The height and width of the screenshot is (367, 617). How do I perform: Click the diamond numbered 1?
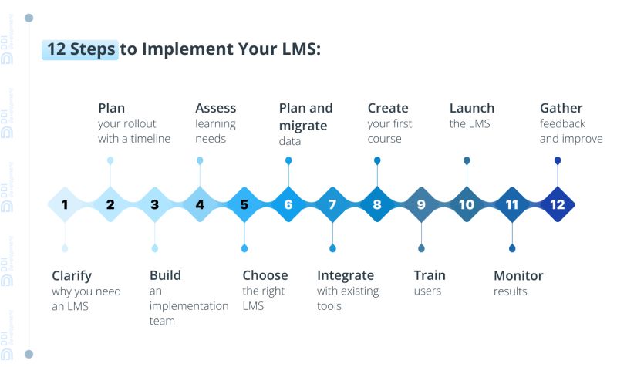coord(65,205)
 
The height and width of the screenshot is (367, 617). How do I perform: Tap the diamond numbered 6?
coord(288,205)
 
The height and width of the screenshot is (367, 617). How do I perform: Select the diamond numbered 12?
coord(557,205)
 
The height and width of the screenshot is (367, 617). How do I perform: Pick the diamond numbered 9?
coord(421,205)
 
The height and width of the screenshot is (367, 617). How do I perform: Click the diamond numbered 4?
coord(200,205)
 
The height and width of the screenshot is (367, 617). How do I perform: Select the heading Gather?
coord(561,108)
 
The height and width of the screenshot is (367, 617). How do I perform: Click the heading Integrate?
coord(346,275)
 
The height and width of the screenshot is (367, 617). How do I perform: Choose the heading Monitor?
coord(518,275)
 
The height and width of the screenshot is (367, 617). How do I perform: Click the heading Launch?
coord(472,108)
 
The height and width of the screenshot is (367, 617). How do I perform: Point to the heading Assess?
coord(216,108)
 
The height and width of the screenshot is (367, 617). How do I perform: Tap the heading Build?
coord(166,275)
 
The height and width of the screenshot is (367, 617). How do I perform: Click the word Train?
coord(430,275)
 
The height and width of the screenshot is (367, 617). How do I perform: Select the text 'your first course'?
coord(389,131)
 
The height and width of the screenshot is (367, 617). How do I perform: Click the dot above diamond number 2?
coord(110,160)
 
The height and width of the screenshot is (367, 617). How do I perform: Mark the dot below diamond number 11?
coord(512,248)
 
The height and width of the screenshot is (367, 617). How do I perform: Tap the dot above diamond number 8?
coord(377,160)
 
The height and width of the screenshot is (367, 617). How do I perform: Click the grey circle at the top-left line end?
coord(29,17)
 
